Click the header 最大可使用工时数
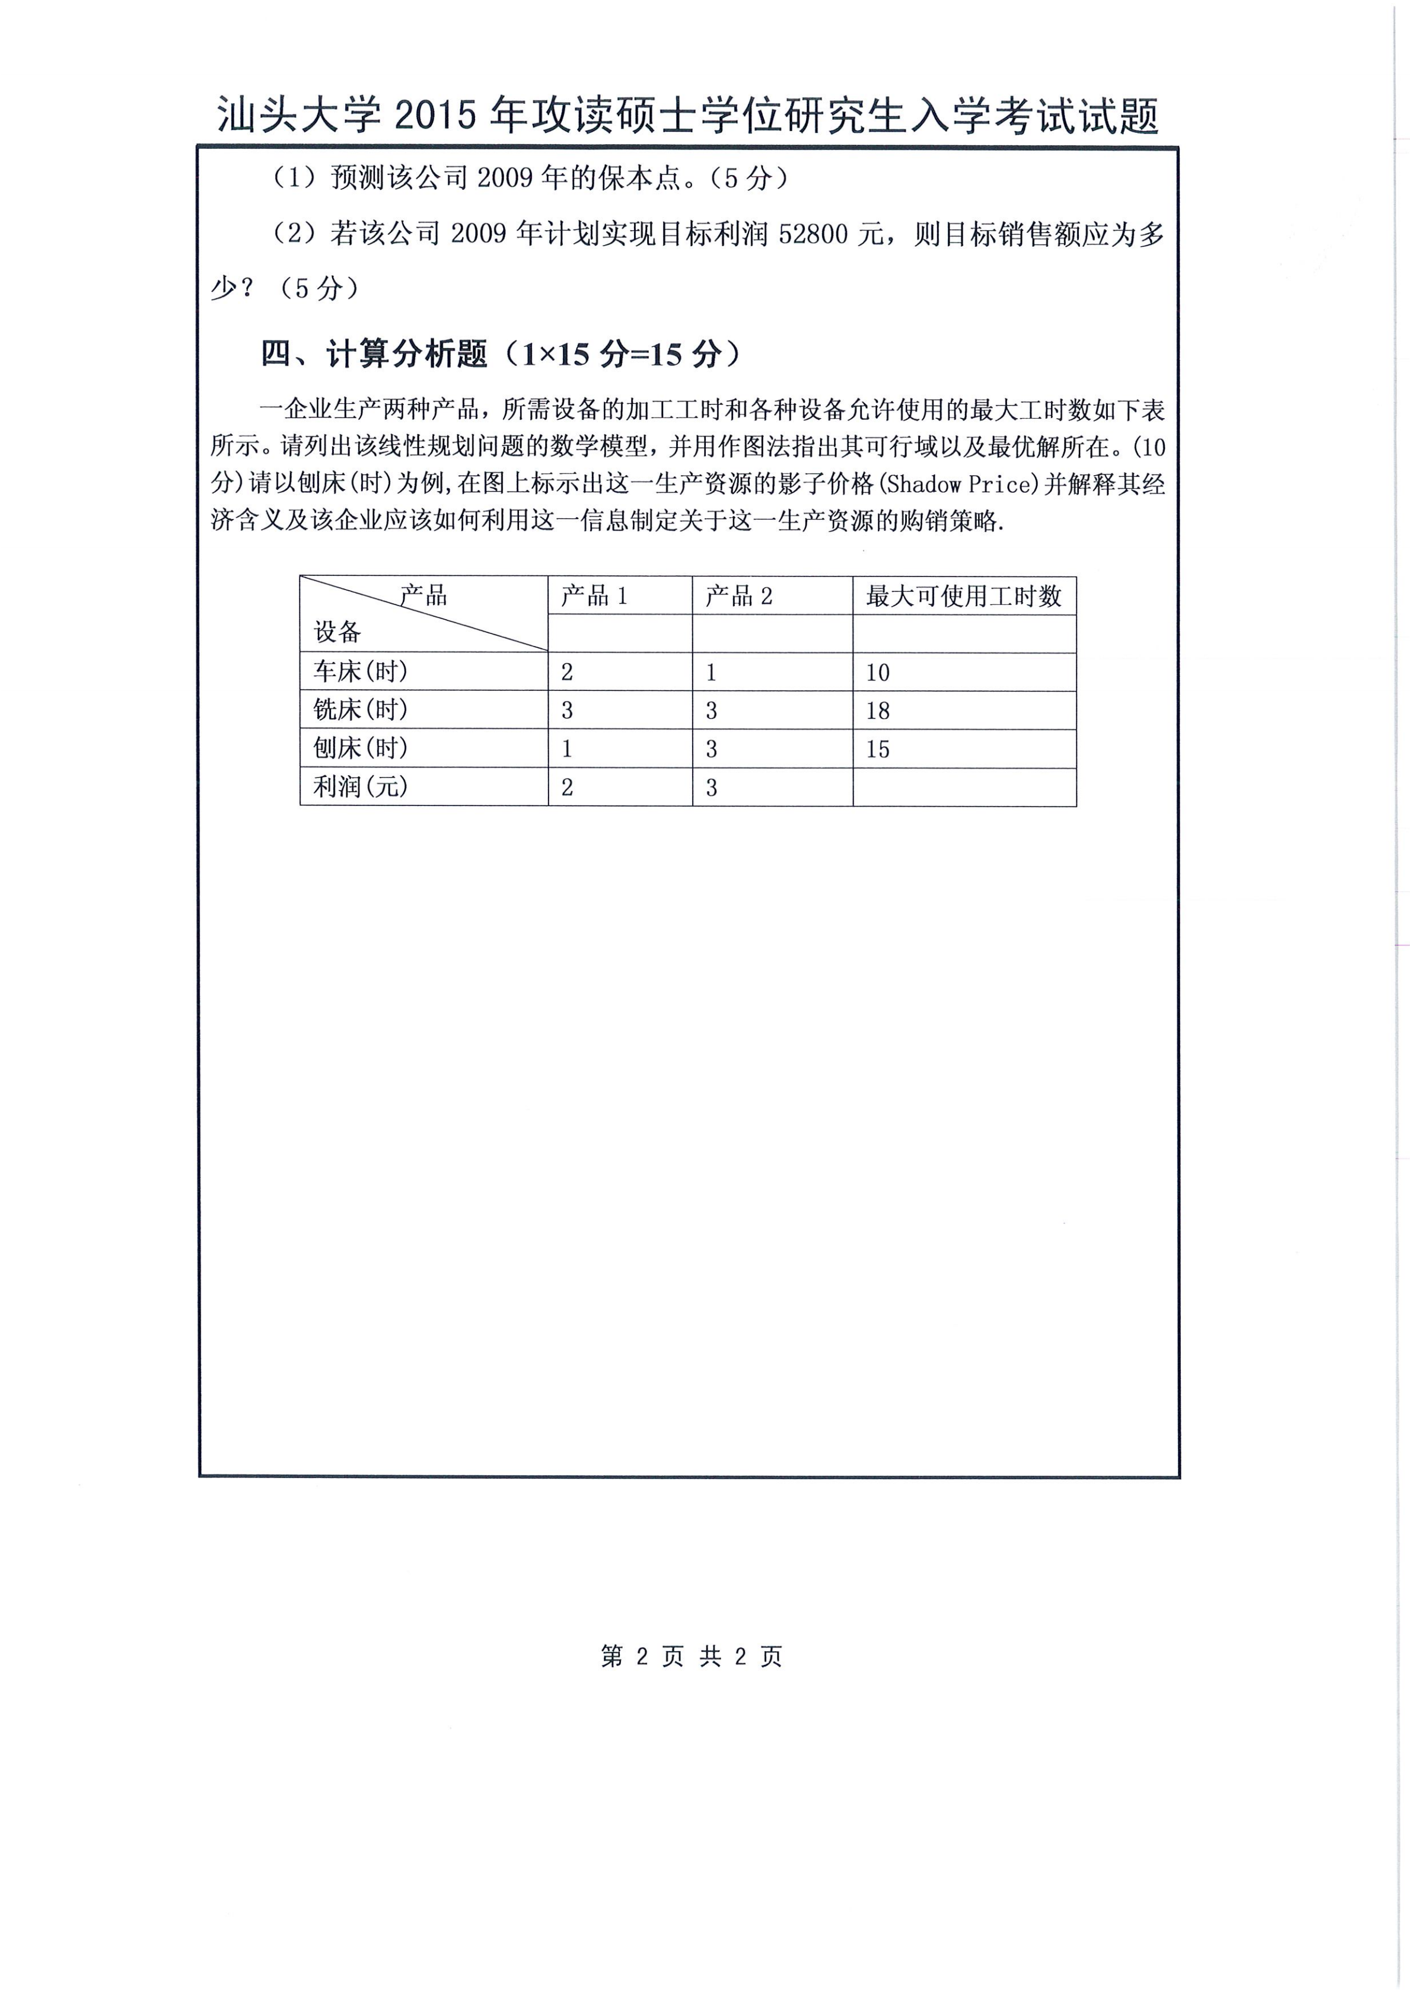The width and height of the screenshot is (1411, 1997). pos(963,596)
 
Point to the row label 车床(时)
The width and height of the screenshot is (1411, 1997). pos(360,671)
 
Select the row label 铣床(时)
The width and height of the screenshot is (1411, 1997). pos(360,710)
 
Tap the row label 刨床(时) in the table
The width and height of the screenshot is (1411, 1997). pos(360,748)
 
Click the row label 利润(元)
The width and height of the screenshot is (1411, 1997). pos(360,786)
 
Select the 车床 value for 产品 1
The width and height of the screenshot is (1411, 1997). pos(567,673)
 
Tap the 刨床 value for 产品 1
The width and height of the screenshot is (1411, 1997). pos(567,749)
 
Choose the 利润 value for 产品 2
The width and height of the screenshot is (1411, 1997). pos(712,787)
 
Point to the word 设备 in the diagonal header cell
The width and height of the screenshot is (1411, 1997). pos(337,632)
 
